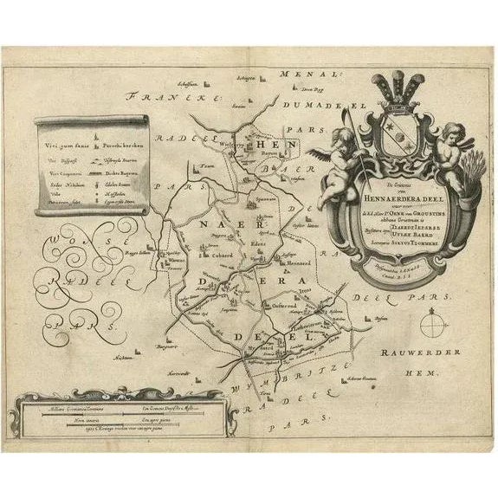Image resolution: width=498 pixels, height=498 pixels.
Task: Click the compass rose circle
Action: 432,327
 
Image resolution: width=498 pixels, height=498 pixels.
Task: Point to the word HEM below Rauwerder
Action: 429,372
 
